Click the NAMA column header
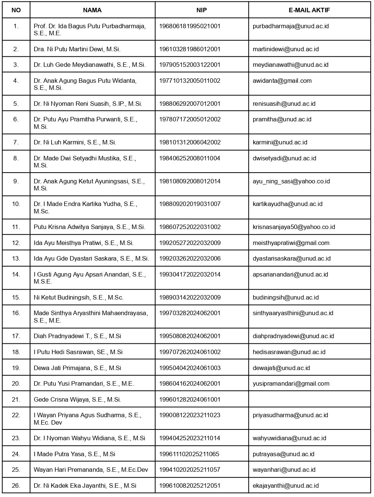click(92, 10)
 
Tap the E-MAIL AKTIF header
click(309, 10)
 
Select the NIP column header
click(202, 10)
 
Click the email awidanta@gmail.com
click(282, 81)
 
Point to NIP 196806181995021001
click(190, 26)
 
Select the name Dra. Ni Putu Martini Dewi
click(77, 49)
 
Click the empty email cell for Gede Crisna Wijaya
click(309, 399)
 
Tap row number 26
click(16, 485)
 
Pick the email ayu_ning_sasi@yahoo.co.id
click(291, 181)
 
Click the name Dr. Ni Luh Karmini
click(75, 142)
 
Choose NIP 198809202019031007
click(190, 204)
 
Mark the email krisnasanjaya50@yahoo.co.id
click(294, 227)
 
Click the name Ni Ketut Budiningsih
click(79, 297)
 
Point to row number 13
click(16, 258)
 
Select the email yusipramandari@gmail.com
click(291, 383)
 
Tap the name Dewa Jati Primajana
click(77, 368)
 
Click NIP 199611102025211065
click(189, 454)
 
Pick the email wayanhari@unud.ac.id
click(284, 470)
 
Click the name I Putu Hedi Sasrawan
click(78, 352)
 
